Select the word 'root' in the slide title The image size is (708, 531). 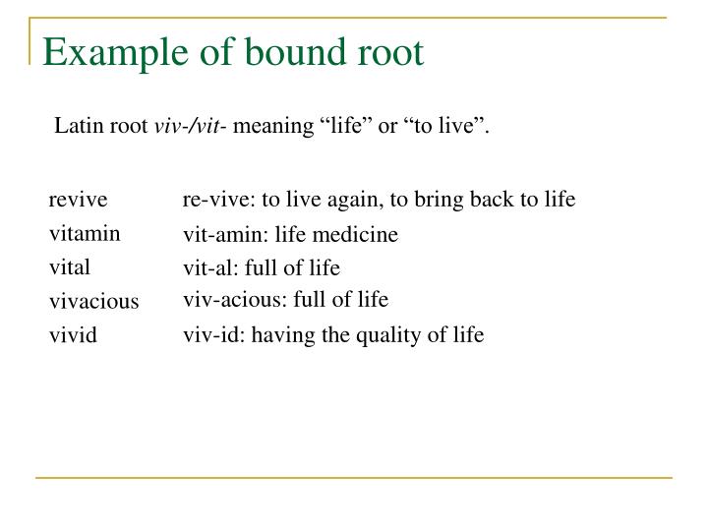click(391, 52)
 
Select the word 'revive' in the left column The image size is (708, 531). click(78, 201)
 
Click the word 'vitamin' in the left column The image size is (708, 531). click(85, 233)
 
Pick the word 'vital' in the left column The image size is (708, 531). click(70, 266)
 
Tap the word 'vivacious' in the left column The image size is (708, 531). click(94, 302)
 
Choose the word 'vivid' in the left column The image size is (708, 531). click(74, 335)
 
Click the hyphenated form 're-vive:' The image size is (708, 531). click(219, 201)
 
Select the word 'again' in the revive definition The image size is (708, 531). click(360, 201)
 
